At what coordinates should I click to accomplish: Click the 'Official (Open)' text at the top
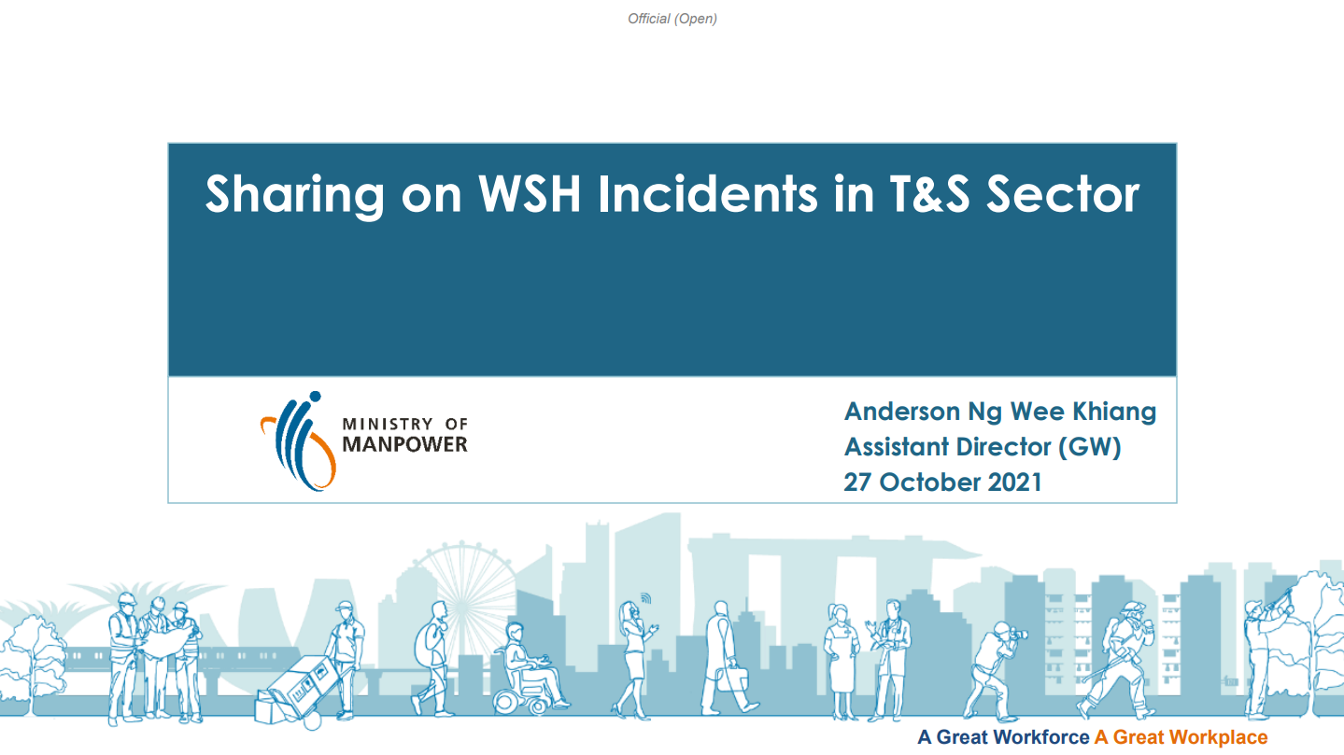tap(672, 20)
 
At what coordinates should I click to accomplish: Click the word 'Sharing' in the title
tap(294, 195)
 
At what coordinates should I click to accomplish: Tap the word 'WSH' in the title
tap(530, 194)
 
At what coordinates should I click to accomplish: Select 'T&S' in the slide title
tap(929, 194)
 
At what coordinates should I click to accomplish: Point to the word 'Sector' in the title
tap(1063, 194)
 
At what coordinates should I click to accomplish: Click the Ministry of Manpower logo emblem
tap(298, 441)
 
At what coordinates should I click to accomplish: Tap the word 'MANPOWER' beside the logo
tap(404, 444)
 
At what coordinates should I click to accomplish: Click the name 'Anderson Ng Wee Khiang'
tap(999, 412)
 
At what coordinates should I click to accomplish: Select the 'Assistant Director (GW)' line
tap(983, 447)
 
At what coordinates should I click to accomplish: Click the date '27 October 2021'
tap(942, 482)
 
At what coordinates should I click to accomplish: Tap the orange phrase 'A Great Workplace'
tap(1181, 737)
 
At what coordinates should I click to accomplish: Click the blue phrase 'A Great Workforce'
tap(1003, 737)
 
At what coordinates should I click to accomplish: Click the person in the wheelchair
tap(530, 668)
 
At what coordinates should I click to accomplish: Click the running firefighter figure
tap(1117, 661)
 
